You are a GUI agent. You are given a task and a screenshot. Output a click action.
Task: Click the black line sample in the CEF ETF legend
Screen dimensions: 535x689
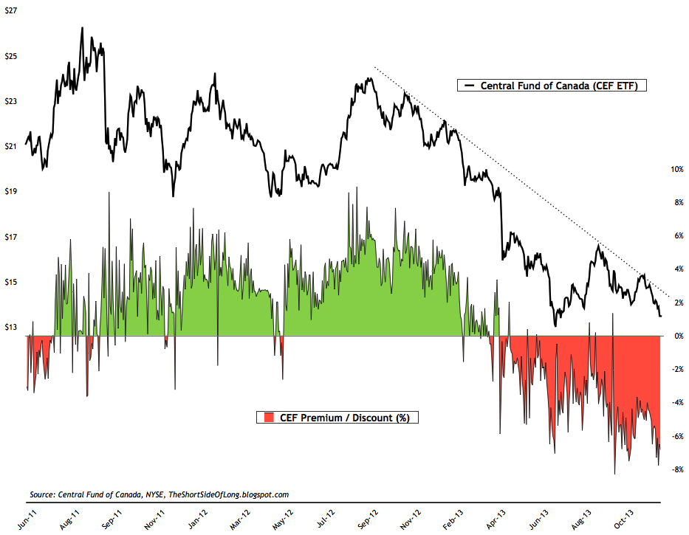(x=466, y=86)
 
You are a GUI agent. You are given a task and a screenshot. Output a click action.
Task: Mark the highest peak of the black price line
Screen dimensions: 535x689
(x=82, y=28)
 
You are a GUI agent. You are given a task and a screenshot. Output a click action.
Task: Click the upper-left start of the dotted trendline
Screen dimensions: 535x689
(x=374, y=68)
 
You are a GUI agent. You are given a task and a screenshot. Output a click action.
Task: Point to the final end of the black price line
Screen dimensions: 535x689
(x=661, y=316)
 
